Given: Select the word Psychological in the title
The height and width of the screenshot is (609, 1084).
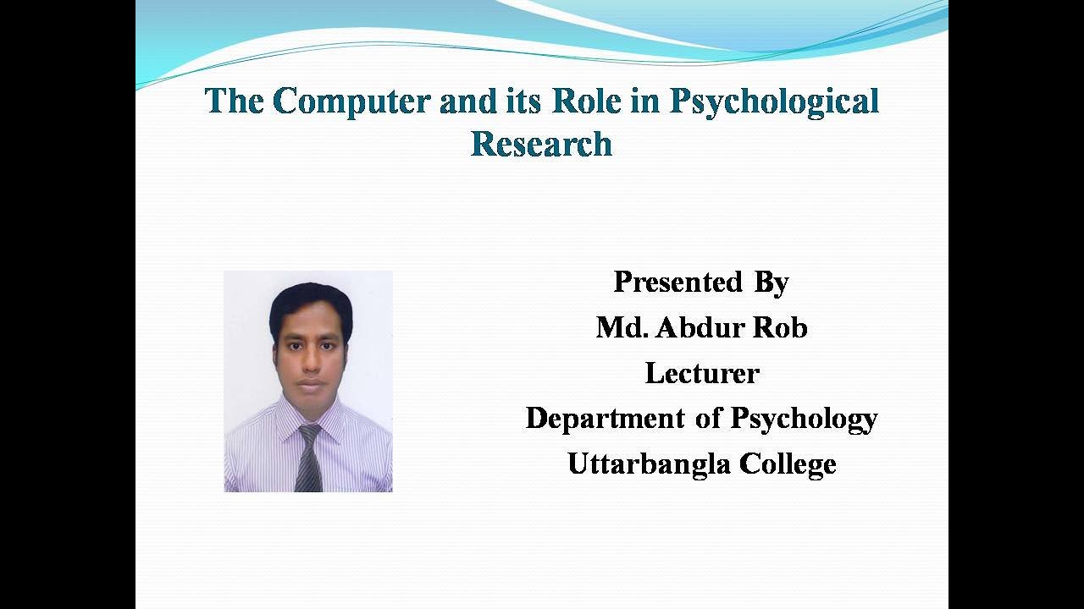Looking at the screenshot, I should (774, 101).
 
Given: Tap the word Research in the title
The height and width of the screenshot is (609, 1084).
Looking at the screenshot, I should (541, 145).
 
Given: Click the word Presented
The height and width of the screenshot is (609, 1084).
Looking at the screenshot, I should (677, 282).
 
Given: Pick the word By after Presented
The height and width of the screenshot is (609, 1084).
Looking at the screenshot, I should (771, 282).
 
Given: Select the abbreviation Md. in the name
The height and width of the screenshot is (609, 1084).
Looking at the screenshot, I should (622, 327).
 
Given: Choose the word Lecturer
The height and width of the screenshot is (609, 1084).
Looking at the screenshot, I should (702, 373).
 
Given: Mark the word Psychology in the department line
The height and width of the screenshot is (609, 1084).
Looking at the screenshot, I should (804, 419).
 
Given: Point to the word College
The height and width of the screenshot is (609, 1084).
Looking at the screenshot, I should (788, 464).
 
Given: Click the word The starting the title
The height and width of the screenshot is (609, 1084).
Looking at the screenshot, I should (234, 101).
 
